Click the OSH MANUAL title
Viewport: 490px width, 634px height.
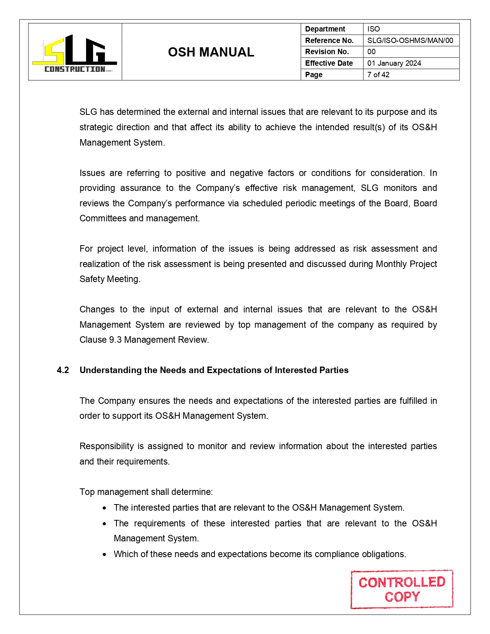click(211, 52)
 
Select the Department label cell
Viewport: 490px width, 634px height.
click(325, 29)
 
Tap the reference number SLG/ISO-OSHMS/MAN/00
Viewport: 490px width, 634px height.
click(410, 40)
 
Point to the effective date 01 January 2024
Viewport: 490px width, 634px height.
click(394, 63)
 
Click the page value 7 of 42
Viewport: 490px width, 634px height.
click(378, 75)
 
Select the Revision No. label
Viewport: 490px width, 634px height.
click(327, 52)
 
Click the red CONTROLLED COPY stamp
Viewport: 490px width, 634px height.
click(402, 589)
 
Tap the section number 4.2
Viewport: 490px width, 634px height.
click(63, 370)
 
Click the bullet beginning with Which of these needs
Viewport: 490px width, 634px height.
click(259, 554)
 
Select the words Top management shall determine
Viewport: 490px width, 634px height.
click(146, 492)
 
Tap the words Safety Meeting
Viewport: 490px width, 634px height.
click(110, 279)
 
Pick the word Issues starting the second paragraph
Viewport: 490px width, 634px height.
click(92, 173)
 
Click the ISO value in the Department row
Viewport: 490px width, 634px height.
click(373, 29)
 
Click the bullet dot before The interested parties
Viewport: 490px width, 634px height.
click(105, 508)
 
